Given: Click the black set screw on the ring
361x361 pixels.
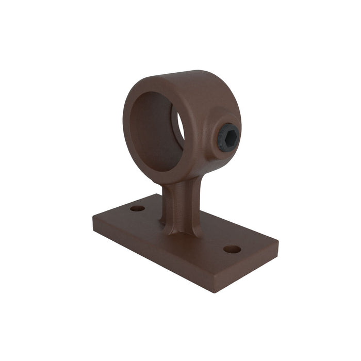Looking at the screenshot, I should click(x=228, y=138).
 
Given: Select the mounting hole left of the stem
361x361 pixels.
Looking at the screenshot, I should click(x=138, y=208).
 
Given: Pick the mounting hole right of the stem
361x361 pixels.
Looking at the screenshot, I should click(x=232, y=249).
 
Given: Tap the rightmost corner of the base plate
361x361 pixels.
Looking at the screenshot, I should click(x=278, y=242).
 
